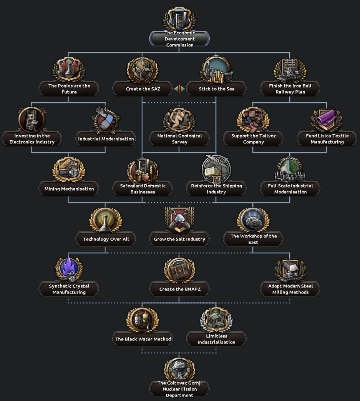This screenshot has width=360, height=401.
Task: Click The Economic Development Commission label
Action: point(179,39)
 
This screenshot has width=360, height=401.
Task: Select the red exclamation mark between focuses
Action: point(179,89)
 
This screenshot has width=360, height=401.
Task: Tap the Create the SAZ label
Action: point(143,89)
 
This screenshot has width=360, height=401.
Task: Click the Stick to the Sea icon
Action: point(216,70)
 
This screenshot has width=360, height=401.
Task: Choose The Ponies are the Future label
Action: point(69,89)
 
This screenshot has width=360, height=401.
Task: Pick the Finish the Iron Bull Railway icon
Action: point(290,70)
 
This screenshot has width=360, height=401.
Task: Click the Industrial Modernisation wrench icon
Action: point(106,120)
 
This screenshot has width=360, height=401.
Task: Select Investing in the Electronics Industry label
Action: point(32,139)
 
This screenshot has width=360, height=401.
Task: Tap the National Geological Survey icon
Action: point(179,120)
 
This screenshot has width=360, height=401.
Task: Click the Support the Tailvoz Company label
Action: point(253,139)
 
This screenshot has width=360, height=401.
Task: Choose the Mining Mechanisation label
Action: point(69,189)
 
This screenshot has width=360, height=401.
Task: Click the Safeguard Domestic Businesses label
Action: point(143,189)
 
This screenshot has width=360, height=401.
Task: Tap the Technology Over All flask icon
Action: point(106,220)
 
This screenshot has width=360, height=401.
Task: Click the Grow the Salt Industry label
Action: point(179,239)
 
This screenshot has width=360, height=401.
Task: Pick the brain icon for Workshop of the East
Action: point(253,220)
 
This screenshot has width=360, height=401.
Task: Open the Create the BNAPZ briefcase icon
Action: point(179,270)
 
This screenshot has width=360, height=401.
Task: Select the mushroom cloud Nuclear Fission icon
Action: point(179,369)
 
